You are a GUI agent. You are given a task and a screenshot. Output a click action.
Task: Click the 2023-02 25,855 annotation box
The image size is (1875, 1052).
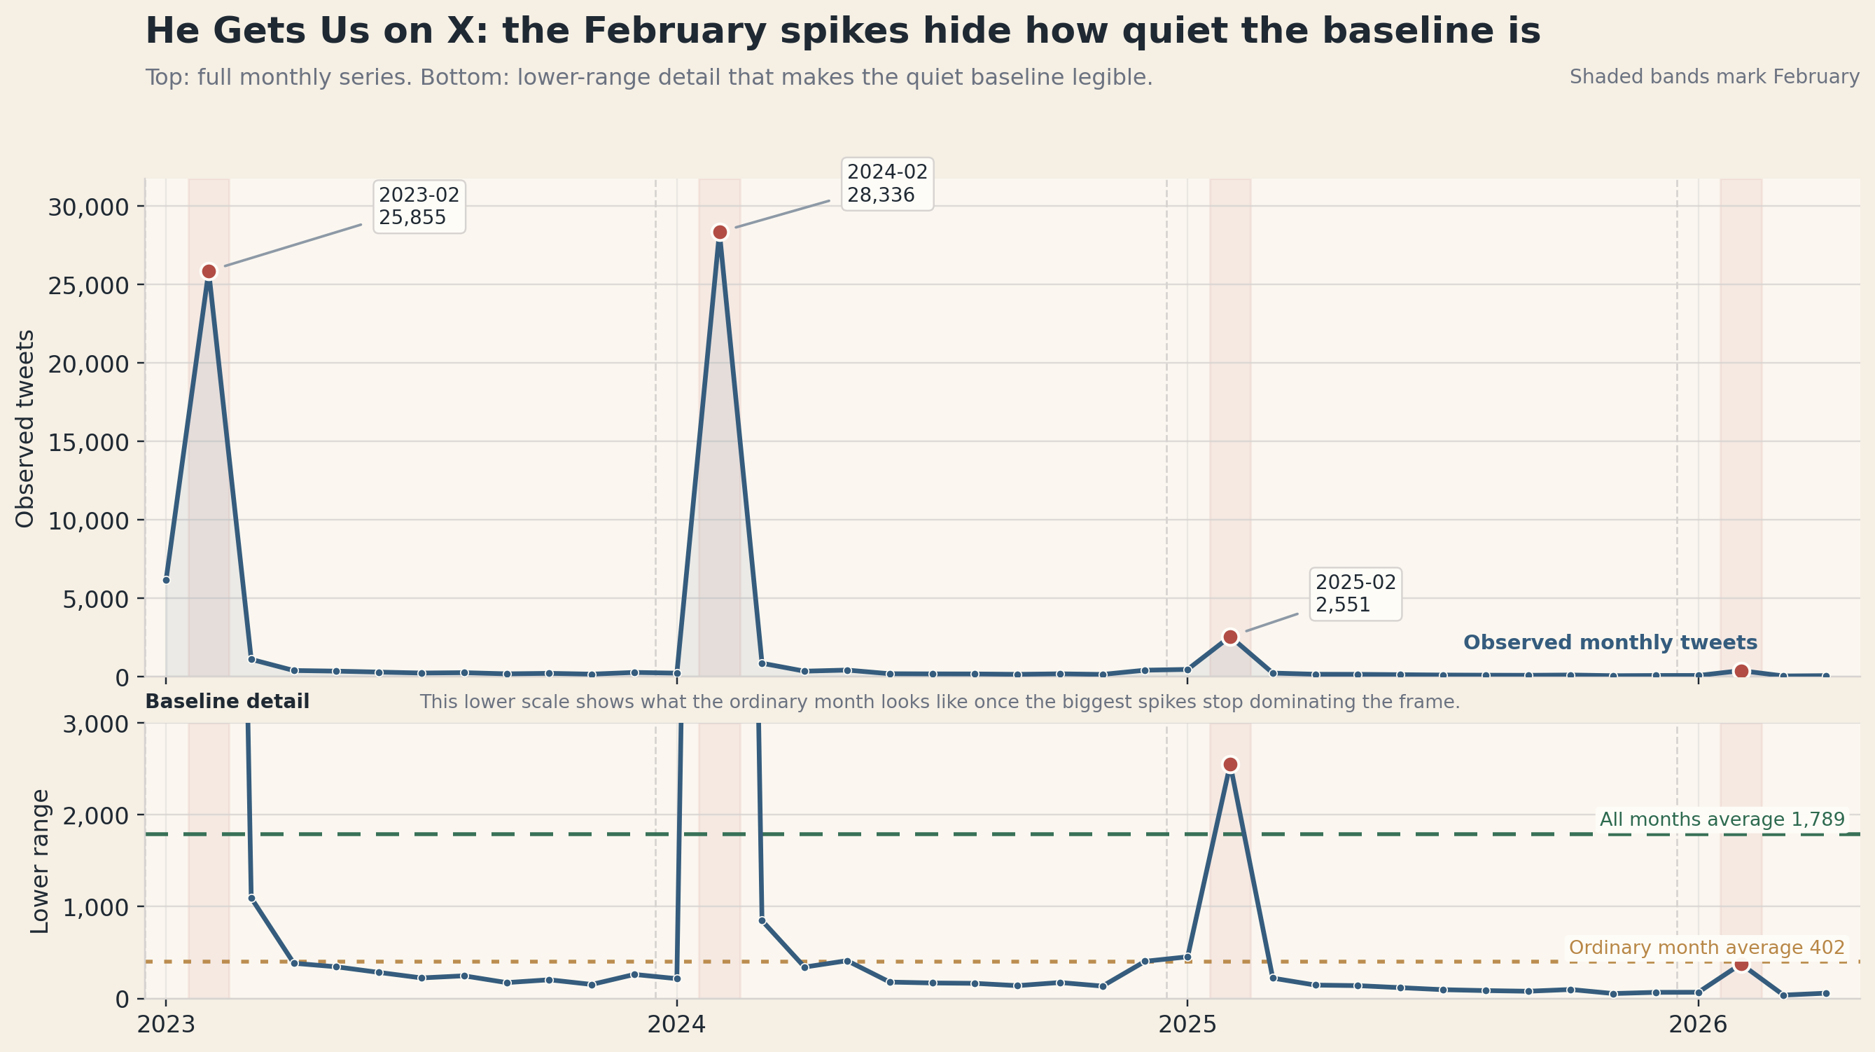tap(419, 207)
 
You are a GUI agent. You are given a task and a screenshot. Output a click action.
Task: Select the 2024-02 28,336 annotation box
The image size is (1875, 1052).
tap(886, 184)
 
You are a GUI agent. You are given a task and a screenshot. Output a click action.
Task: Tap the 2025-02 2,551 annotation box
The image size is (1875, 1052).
tap(1355, 594)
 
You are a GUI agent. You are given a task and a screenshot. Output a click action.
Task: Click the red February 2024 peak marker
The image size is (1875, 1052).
tap(720, 233)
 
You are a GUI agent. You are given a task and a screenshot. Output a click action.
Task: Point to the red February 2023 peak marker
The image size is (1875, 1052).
tap(209, 272)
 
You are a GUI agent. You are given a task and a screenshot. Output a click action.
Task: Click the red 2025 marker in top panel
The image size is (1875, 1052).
tap(1230, 637)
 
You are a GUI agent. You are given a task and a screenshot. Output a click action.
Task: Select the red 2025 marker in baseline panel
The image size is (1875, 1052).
tap(1230, 764)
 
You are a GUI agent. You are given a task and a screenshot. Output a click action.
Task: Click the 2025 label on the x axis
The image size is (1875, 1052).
tap(1187, 1025)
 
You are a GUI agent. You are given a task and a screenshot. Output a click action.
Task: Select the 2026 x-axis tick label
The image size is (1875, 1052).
tap(1697, 1025)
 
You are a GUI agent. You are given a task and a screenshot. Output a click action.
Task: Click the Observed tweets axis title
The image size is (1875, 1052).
tap(25, 428)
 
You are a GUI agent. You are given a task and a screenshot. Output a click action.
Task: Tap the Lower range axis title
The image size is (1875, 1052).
tap(40, 861)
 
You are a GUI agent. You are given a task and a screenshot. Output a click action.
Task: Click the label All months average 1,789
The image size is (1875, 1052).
tap(1722, 819)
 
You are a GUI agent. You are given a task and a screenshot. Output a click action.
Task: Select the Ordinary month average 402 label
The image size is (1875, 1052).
tap(1706, 948)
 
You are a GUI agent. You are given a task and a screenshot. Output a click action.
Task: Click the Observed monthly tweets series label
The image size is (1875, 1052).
tap(1610, 643)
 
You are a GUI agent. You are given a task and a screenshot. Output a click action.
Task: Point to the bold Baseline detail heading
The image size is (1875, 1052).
tap(227, 702)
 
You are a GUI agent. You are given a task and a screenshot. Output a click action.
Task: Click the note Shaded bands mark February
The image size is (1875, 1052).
tap(1713, 77)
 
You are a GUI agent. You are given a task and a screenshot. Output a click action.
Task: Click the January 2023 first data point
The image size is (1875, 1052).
tap(166, 580)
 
